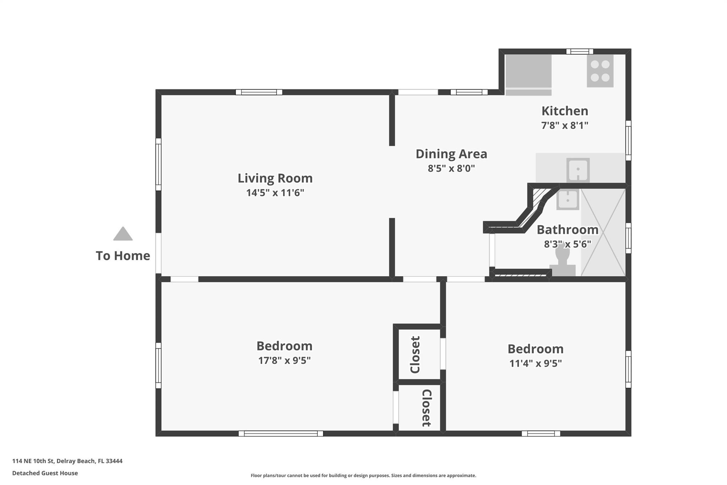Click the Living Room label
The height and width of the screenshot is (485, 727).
(x=275, y=178)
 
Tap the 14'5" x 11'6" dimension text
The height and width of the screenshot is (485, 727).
(x=275, y=193)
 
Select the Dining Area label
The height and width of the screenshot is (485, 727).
(x=451, y=154)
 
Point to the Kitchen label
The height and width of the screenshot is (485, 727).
(x=564, y=111)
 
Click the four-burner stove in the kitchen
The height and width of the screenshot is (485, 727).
(x=600, y=71)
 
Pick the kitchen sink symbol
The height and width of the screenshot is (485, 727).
(x=578, y=170)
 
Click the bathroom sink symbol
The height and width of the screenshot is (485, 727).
(x=568, y=199)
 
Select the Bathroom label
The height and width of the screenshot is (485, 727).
(x=567, y=230)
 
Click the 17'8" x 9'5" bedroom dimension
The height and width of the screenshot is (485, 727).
(x=284, y=360)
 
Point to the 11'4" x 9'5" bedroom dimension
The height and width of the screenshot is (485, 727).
(x=535, y=363)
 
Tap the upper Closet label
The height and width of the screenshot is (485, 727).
(x=415, y=355)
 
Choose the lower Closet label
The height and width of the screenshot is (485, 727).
(x=426, y=408)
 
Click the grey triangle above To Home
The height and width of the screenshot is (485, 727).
(x=123, y=234)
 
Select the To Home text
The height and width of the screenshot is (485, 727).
(x=123, y=256)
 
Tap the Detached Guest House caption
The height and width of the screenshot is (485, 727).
(x=45, y=473)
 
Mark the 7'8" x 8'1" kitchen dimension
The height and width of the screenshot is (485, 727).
(x=564, y=125)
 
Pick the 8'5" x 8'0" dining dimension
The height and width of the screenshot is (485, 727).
(x=451, y=168)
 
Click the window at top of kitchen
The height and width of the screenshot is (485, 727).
(x=579, y=52)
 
